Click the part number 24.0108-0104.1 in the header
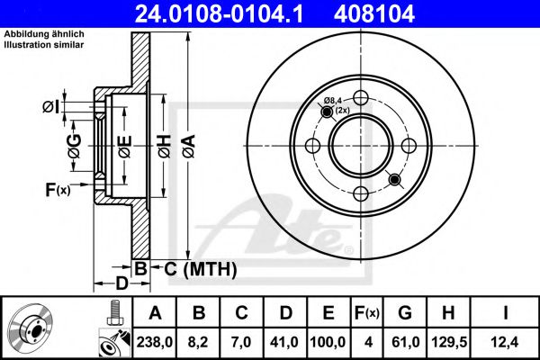pyautogui.click(x=219, y=13)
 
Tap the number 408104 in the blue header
pyautogui.click(x=374, y=13)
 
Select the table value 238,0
pyautogui.click(x=155, y=342)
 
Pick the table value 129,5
pyautogui.click(x=449, y=342)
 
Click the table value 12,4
pyautogui.click(x=505, y=342)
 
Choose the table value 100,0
pyautogui.click(x=328, y=342)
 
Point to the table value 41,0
pyautogui.click(x=284, y=342)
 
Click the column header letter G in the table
pyautogui.click(x=405, y=313)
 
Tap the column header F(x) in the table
pyautogui.click(x=367, y=313)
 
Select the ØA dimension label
pyautogui.click(x=189, y=147)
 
